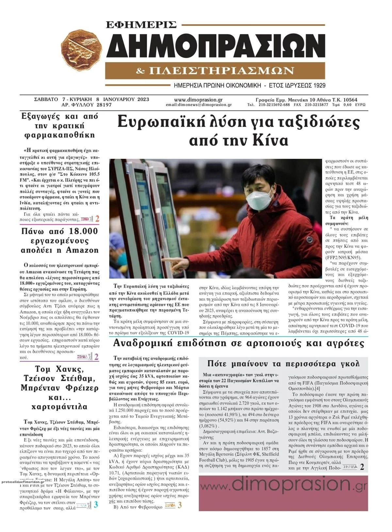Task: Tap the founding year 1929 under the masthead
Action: pos(317,86)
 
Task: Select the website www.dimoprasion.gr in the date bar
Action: pos(198,100)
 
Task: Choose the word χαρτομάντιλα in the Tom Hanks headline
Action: pos(59,407)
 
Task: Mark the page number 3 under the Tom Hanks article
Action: pos(96,505)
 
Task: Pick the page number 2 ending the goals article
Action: pos(362,467)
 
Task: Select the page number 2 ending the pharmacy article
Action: pos(97,219)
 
